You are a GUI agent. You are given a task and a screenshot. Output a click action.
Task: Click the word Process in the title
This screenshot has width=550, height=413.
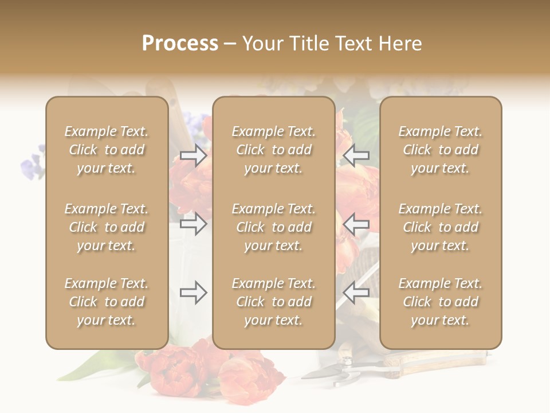(x=180, y=44)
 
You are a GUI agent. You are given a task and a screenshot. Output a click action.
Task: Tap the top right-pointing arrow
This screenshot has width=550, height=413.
(x=194, y=155)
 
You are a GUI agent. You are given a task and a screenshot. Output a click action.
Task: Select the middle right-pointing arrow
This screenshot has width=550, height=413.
(x=194, y=224)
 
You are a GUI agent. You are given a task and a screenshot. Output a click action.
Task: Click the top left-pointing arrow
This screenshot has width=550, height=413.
(x=356, y=155)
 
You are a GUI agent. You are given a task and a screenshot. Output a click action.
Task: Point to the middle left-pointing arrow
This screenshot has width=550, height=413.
(x=356, y=224)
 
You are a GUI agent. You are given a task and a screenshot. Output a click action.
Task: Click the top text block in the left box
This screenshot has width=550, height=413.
(x=107, y=150)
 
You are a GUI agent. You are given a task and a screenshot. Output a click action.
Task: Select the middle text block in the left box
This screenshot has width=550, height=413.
(x=107, y=227)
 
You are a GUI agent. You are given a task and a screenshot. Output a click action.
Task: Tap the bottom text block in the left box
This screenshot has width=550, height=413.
(x=107, y=302)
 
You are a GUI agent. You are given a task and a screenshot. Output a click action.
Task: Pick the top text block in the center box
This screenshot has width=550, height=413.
(x=273, y=150)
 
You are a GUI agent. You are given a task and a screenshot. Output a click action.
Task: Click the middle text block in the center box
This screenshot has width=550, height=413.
(x=273, y=227)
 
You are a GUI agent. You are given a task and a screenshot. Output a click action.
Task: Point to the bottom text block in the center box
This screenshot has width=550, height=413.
(x=273, y=302)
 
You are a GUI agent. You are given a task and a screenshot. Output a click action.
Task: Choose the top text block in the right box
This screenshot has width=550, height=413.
(x=440, y=150)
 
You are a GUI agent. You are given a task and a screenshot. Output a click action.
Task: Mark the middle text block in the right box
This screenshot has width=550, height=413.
(x=440, y=227)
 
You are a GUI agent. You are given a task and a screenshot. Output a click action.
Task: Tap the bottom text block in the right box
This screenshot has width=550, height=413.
(x=440, y=302)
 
